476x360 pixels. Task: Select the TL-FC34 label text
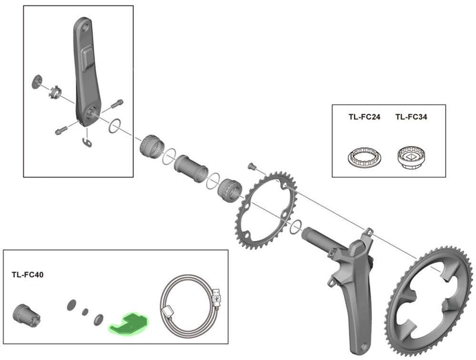click(x=411, y=117)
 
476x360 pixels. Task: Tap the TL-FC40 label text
click(x=27, y=275)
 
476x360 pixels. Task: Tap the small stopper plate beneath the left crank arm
click(x=86, y=142)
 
